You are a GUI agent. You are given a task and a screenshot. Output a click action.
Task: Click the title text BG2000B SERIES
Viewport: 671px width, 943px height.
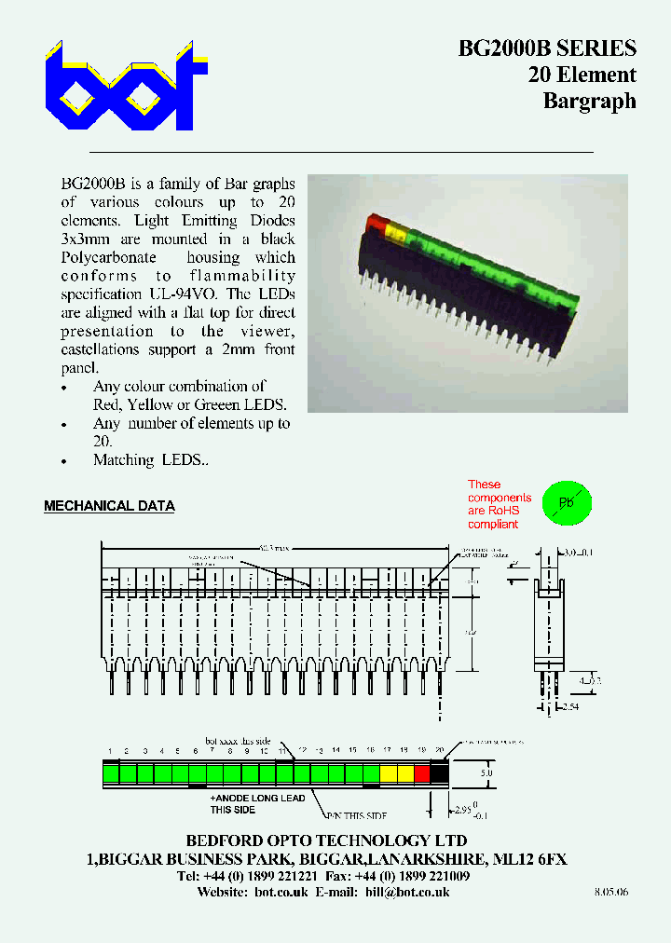[x=547, y=48]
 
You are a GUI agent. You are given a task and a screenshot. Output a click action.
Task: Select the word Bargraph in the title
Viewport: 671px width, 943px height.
[x=589, y=102]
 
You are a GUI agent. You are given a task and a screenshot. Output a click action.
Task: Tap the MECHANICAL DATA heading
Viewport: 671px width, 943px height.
[x=109, y=506]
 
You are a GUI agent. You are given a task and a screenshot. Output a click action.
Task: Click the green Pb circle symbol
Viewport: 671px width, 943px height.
[x=567, y=502]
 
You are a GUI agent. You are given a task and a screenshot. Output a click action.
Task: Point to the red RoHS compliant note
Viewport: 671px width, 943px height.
[x=499, y=504]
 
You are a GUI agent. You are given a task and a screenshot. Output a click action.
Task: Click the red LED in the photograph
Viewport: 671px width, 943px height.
[x=377, y=224]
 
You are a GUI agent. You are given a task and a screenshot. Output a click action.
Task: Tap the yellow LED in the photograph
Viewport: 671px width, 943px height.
[x=393, y=230]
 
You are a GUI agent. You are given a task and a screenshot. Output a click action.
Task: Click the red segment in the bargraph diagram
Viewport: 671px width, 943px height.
[x=422, y=772]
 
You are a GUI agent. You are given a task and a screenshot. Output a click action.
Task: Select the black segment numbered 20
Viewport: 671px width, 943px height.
[x=439, y=772]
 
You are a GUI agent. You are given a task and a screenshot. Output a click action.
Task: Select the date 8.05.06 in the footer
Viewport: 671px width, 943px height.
[x=611, y=892]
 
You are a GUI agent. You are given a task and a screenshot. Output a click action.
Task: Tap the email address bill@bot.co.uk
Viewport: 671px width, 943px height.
[x=407, y=892]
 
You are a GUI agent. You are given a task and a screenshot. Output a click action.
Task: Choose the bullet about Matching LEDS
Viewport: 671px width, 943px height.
[x=151, y=460]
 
